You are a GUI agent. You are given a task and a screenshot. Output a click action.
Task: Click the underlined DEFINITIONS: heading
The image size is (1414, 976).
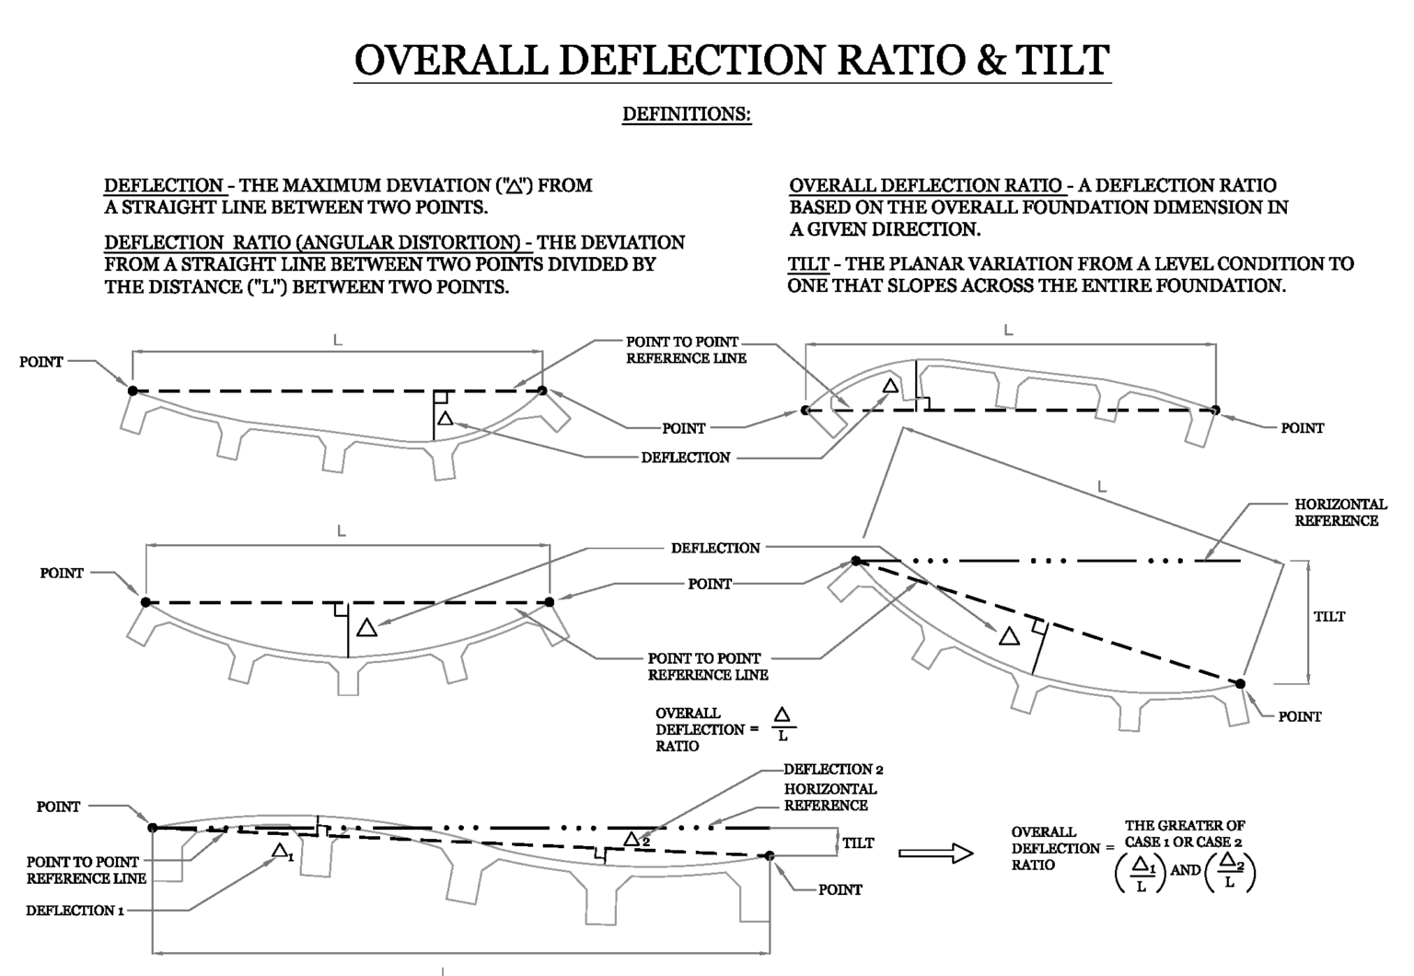[687, 114]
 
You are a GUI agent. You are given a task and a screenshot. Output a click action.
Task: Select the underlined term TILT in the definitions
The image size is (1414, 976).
[807, 264]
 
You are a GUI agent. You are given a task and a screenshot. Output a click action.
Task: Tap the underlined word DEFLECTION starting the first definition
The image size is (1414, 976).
[163, 185]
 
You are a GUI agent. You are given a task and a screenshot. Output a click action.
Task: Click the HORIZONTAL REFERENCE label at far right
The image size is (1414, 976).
[1339, 513]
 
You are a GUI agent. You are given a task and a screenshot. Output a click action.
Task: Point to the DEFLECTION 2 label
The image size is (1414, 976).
[833, 769]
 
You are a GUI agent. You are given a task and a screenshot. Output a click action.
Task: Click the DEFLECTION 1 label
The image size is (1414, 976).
[75, 911]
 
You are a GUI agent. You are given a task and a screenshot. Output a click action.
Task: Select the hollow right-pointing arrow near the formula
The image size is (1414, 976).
[935, 854]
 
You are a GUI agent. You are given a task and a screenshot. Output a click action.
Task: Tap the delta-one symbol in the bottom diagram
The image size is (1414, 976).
[283, 851]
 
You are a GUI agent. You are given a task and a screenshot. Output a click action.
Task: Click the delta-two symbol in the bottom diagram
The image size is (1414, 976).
[636, 839]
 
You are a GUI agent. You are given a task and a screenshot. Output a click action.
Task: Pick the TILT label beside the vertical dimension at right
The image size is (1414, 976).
[1328, 617]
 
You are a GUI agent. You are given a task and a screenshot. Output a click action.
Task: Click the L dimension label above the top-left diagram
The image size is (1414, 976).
[337, 341]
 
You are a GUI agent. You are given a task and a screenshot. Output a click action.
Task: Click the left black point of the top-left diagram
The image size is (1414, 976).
[133, 391]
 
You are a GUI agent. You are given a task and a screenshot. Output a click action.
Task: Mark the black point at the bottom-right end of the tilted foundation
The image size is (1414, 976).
[1240, 683]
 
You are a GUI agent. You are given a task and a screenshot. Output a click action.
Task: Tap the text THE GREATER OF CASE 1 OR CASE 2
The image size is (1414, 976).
[1184, 833]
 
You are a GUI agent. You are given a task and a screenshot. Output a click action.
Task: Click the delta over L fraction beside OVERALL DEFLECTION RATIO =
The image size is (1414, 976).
[782, 725]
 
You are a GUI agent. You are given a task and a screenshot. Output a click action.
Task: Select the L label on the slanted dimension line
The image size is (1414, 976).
[1102, 487]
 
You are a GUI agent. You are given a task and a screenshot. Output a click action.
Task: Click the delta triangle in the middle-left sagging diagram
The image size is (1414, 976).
[366, 628]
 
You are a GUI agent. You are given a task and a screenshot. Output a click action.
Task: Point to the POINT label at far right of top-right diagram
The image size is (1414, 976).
[1302, 428]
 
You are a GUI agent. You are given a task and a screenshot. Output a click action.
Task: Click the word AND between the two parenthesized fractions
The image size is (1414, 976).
[1186, 870]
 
